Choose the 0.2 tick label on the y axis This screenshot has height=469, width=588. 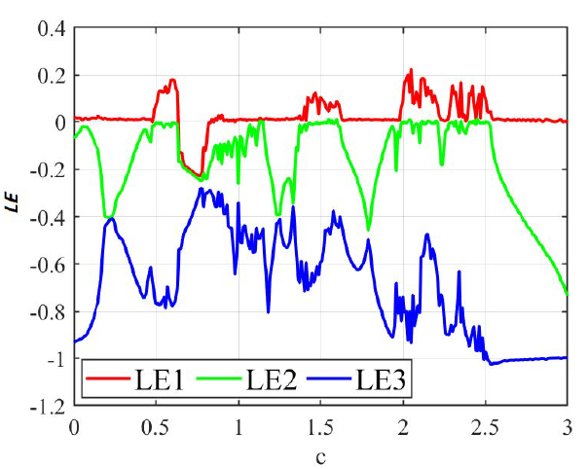[x=49, y=76]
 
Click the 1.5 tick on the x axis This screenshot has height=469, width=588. [x=320, y=426]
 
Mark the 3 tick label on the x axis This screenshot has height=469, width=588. [x=567, y=426]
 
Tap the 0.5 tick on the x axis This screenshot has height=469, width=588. [x=156, y=426]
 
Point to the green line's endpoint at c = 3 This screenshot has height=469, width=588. [x=567, y=292]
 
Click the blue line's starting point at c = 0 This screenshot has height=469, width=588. [x=74, y=342]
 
